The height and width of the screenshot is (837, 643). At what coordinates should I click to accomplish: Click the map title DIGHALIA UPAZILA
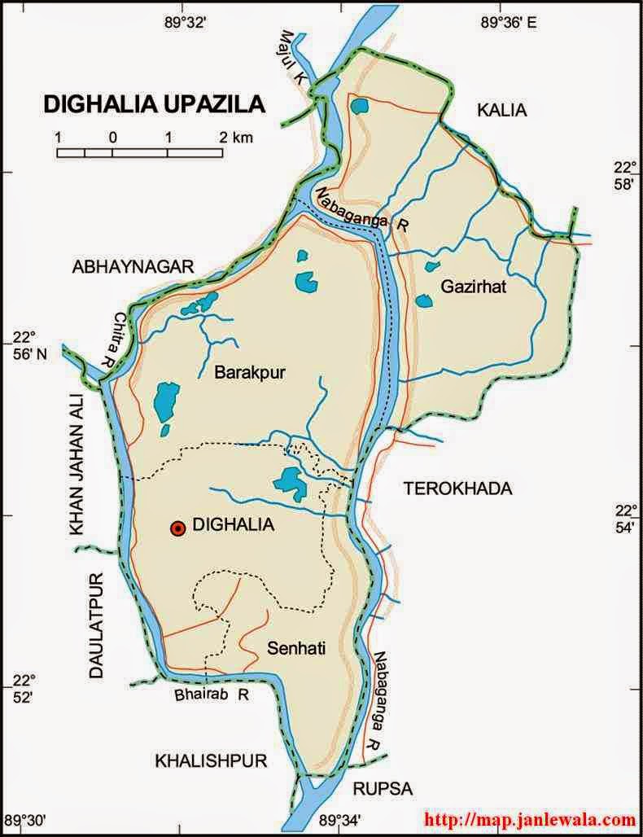[153, 104]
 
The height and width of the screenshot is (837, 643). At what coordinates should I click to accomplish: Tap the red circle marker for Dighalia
[177, 528]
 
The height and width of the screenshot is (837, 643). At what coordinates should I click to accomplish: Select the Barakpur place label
[246, 373]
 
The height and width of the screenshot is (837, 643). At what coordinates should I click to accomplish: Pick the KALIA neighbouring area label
[502, 111]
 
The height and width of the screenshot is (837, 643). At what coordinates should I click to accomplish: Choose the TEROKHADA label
[457, 489]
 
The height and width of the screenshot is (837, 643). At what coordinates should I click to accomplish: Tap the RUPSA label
[383, 788]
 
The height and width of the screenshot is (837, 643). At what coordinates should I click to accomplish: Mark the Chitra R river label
[117, 339]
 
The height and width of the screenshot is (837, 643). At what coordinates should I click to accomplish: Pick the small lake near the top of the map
[358, 105]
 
